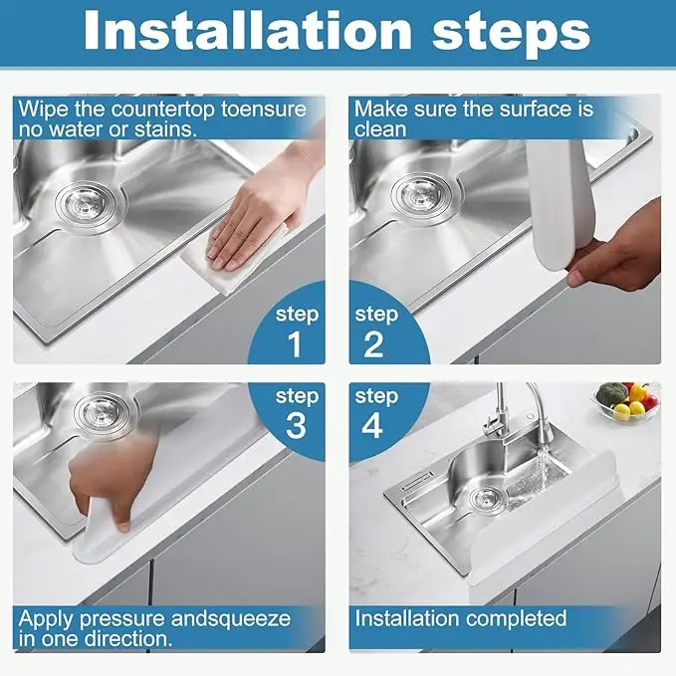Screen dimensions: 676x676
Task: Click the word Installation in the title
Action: pos(248,31)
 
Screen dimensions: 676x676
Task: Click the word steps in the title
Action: pos(512,35)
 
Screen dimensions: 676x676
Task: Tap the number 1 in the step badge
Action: pos(295,344)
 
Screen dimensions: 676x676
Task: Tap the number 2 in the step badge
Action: pos(373,344)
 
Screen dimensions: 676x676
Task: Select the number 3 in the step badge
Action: pos(296,426)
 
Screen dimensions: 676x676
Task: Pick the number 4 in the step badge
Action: pos(372,426)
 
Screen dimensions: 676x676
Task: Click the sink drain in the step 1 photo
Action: pos(87,205)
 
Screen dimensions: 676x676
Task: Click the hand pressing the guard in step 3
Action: pos(113,480)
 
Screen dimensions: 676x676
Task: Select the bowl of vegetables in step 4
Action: pos(628,402)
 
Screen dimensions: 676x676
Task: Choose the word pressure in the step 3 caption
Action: pos(122,620)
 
